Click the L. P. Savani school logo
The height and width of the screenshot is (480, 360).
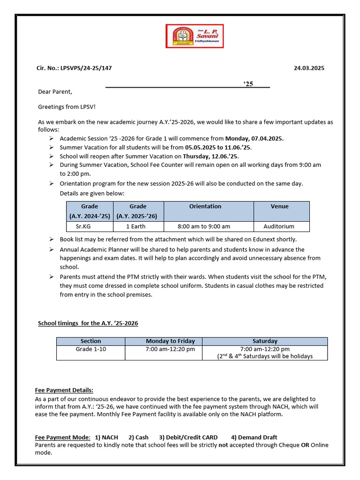(195, 36)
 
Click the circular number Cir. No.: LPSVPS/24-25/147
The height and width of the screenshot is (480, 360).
(74, 68)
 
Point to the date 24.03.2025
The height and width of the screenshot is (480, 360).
(309, 68)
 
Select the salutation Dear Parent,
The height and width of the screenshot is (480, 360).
(55, 92)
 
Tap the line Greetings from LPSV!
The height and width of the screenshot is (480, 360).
(67, 107)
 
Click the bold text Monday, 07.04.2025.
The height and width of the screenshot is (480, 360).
(254, 139)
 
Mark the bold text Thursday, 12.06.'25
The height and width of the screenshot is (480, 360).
(214, 156)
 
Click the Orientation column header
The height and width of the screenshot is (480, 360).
(205, 206)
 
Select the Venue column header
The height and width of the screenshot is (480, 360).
(280, 206)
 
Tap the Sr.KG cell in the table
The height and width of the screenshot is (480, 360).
(90, 226)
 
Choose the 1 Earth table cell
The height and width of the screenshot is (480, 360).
(136, 226)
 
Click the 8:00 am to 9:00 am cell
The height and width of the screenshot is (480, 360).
(204, 226)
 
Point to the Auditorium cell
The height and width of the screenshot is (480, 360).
(279, 226)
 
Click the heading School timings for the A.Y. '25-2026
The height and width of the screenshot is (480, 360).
(88, 323)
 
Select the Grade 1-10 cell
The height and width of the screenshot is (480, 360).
(91, 349)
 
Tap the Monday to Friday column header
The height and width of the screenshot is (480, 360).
(170, 341)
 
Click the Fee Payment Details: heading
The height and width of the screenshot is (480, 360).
(64, 390)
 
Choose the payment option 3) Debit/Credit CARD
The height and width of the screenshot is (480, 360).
(188, 437)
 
